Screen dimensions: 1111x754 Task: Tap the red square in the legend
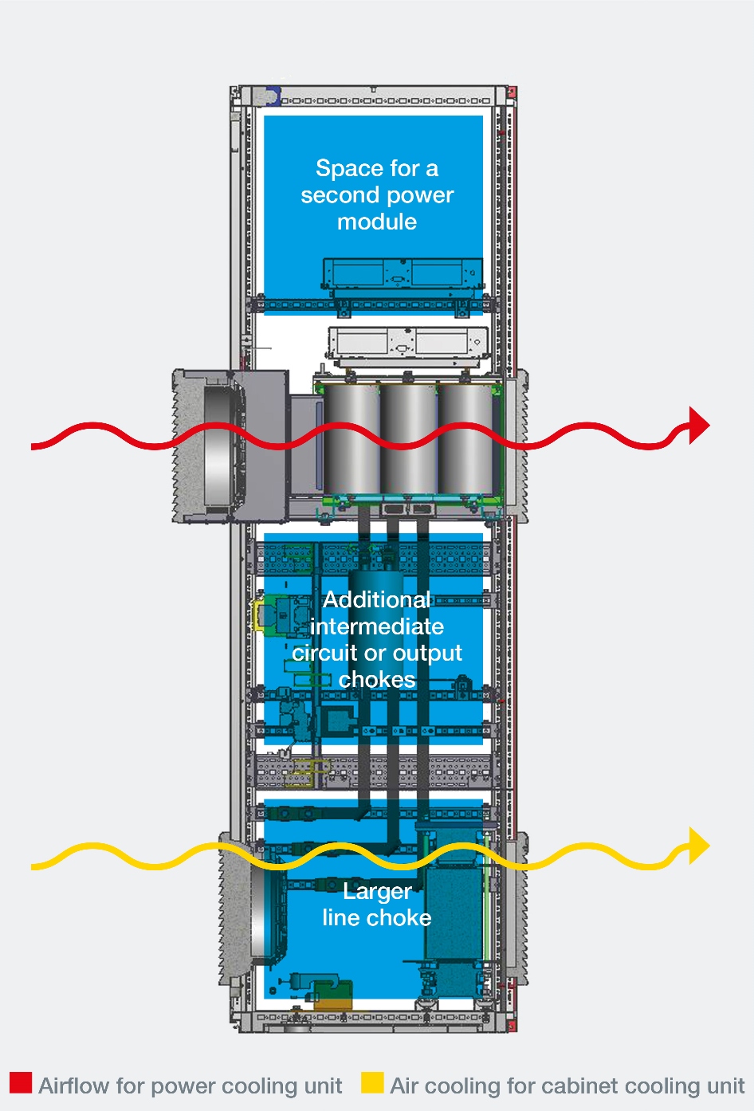pos(21,1082)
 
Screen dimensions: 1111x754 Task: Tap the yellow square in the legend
pos(371,1082)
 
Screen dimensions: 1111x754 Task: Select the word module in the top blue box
pos(377,222)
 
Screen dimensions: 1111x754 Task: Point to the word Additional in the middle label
pos(376,599)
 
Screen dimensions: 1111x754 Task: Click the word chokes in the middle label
pos(377,679)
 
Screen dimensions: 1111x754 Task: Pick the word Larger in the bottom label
pos(377,891)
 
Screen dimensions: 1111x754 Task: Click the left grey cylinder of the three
pos(351,438)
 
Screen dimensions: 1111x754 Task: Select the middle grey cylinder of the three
pos(408,438)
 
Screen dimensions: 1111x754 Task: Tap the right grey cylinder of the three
pos(465,438)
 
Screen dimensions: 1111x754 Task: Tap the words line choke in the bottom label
pos(377,918)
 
